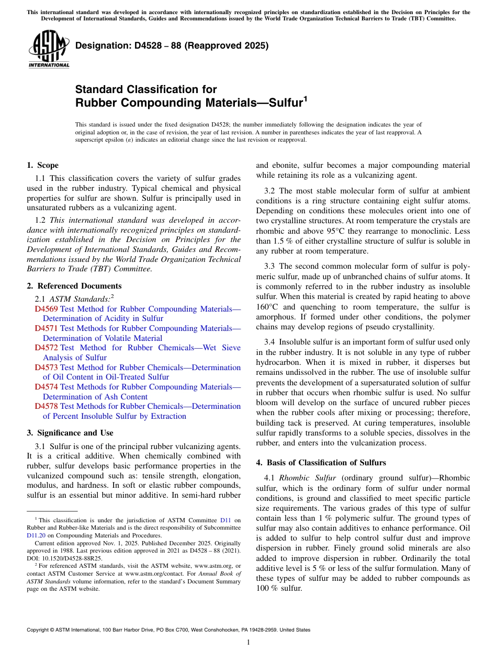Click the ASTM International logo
[48, 50]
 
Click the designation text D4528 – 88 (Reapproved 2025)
[172, 46]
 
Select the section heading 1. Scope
[42, 165]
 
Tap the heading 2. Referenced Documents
[74, 286]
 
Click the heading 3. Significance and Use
[70, 433]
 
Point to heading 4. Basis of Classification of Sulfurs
[321, 463]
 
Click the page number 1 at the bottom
[249, 643]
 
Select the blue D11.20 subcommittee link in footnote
[36, 535]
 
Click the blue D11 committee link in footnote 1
[225, 521]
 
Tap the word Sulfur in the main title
[286, 103]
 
